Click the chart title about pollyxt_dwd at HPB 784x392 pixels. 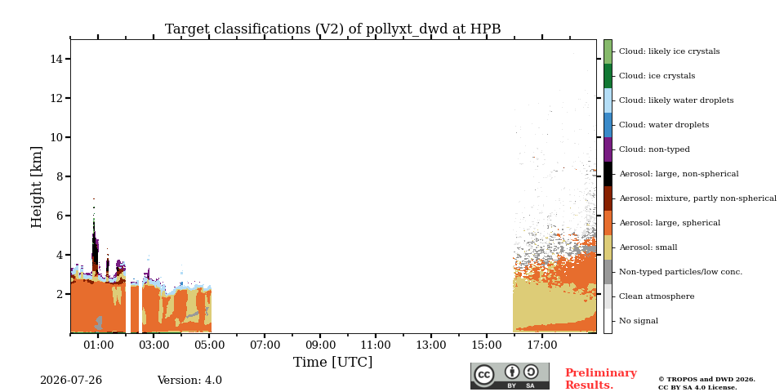pyautogui.click(x=333, y=29)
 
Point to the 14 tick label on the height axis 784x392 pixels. pyautogui.click(x=56, y=59)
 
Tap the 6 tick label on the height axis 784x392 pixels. pyautogui.click(x=60, y=216)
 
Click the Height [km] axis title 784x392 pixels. pyautogui.click(x=37, y=187)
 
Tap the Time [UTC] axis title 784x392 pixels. pyautogui.click(x=333, y=362)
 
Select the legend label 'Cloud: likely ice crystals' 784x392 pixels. pyautogui.click(x=670, y=51)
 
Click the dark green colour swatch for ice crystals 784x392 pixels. pyautogui.click(x=608, y=76)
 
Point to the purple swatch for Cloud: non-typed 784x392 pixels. pyautogui.click(x=608, y=149)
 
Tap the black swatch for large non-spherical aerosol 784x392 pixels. pyautogui.click(x=608, y=174)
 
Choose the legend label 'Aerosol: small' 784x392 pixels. pyautogui.click(x=648, y=247)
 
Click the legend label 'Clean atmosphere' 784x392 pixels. pyautogui.click(x=657, y=296)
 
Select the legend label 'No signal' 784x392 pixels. pyautogui.click(x=639, y=321)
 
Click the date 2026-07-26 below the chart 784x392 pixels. pyautogui.click(x=71, y=381)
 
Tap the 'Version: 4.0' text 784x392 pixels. pyautogui.click(x=189, y=381)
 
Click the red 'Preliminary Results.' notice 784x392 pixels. pyautogui.click(x=601, y=379)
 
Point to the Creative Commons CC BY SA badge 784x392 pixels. pyautogui.click(x=510, y=376)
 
